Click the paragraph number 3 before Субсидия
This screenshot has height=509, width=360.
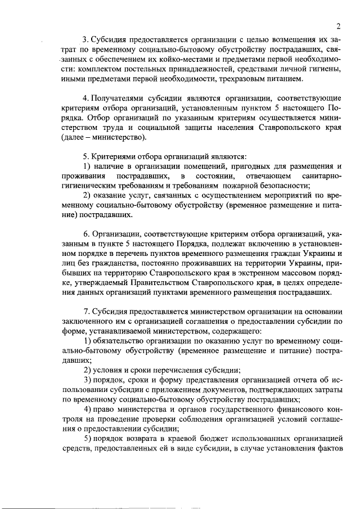coord(85,39)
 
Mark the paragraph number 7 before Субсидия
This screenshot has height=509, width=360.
coord(85,312)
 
